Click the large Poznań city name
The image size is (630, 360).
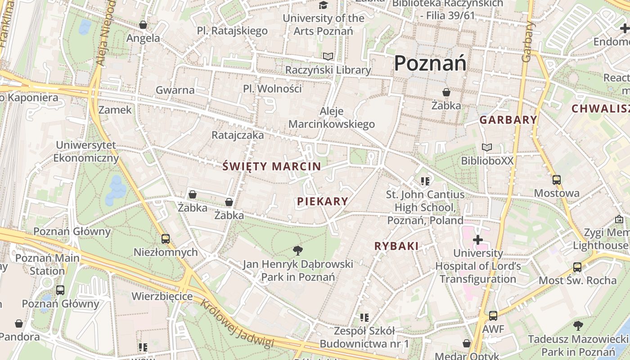430,63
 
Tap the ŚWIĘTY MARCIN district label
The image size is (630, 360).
272,166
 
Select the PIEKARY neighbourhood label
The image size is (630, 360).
323,202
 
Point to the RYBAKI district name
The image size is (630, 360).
396,246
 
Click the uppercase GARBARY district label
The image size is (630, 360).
508,120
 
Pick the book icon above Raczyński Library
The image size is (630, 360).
328,57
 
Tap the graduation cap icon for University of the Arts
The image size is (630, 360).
323,5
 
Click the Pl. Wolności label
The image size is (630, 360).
272,89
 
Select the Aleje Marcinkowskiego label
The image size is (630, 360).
332,118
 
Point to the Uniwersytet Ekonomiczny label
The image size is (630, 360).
86,152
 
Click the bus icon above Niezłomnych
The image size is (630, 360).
166,239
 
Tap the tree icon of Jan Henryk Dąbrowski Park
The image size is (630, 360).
297,251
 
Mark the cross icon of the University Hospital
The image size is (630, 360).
478,240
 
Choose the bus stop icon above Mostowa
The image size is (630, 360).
557,180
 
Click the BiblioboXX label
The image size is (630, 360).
487,161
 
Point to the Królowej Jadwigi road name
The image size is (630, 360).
237,324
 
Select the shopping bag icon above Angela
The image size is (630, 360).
143,25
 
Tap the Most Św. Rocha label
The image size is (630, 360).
578,280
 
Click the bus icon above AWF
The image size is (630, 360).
493,316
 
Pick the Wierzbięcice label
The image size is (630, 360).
162,297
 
